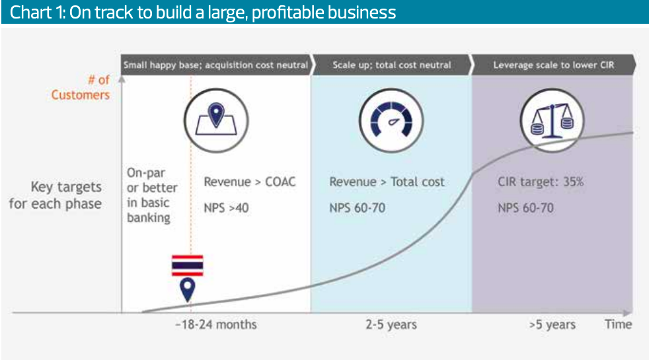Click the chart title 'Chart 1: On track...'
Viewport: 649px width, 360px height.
(x=203, y=13)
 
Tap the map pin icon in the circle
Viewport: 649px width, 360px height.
(x=216, y=120)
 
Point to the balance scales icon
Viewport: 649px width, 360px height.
(x=552, y=120)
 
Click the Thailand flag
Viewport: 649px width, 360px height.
(x=188, y=266)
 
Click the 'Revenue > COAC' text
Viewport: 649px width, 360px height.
(x=250, y=182)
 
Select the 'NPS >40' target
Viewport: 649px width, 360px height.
(x=226, y=207)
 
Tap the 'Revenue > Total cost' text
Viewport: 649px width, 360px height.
(x=387, y=182)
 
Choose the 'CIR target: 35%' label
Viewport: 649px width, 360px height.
(x=541, y=182)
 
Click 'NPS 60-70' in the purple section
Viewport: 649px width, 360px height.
(x=525, y=207)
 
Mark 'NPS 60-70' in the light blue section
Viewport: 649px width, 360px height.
(x=357, y=207)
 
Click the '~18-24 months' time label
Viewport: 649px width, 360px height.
(x=215, y=324)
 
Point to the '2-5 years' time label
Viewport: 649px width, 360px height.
(x=391, y=324)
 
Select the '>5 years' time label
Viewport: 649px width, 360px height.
(x=552, y=324)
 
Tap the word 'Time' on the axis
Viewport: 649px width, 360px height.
(x=619, y=324)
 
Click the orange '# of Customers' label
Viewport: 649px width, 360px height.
(x=81, y=87)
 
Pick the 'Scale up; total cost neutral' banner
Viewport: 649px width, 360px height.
(x=391, y=65)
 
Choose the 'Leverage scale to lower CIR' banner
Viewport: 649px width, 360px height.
(x=554, y=65)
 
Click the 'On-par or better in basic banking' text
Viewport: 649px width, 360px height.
(x=152, y=195)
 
